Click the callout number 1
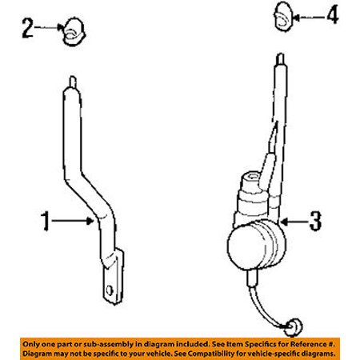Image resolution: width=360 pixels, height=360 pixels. pos(46,221)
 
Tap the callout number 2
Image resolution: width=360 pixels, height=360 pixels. pos(28,28)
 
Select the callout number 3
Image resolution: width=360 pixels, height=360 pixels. pos(315,221)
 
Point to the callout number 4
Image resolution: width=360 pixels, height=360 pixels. pos(333,15)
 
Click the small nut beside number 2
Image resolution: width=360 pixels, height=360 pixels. pos(74,32)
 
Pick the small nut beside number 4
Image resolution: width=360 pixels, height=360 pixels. pos(283,17)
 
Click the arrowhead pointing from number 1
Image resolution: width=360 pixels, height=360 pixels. pos(90,221)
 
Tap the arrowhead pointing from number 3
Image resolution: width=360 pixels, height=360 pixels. pos(284,222)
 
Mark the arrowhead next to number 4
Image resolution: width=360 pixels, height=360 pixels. pos(296,18)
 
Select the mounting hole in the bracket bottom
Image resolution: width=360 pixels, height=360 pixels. pos(110,290)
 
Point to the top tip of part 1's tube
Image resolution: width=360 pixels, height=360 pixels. pos(73,78)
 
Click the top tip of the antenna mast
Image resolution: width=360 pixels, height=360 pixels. pos(281,54)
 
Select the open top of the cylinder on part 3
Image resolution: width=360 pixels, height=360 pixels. pos(251,176)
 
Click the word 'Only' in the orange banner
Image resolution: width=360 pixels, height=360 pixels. pos(31,344)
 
